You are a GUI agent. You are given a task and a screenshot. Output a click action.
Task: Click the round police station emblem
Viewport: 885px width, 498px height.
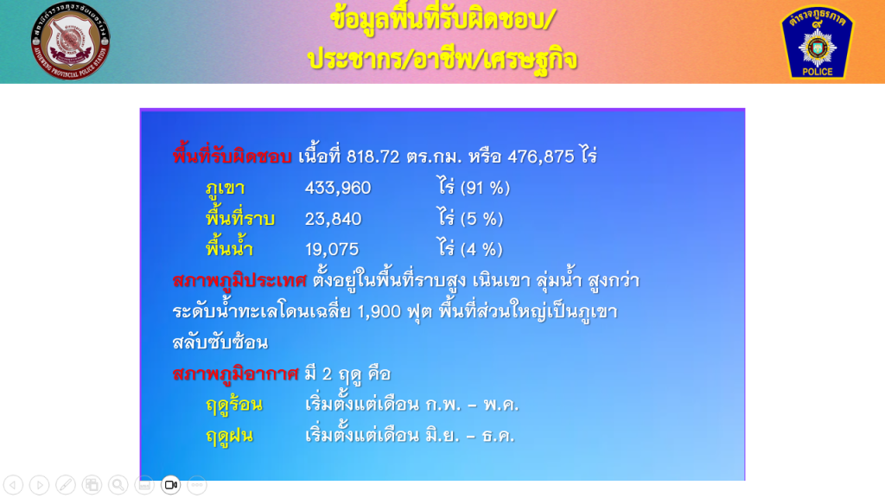click(x=71, y=41)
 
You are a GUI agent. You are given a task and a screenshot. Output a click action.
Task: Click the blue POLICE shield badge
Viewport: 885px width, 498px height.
click(x=817, y=42)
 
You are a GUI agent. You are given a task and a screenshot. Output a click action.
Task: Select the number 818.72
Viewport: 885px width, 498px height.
click(x=373, y=156)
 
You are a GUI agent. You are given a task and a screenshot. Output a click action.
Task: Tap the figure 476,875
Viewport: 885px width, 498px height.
click(x=541, y=156)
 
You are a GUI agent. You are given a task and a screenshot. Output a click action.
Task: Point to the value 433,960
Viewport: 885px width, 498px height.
click(x=338, y=188)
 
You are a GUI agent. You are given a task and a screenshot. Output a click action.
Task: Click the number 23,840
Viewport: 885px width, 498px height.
click(x=333, y=219)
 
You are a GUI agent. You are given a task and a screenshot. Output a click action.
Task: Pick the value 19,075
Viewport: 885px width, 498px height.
click(x=332, y=249)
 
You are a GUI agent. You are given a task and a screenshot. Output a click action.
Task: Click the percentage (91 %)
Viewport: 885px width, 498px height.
click(x=486, y=188)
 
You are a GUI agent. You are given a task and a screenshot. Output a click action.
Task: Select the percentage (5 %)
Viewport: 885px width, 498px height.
click(x=481, y=219)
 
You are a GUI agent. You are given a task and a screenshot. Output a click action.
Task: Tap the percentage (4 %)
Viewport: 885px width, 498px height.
click(x=481, y=249)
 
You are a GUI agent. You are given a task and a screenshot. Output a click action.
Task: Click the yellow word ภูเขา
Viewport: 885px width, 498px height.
click(x=225, y=188)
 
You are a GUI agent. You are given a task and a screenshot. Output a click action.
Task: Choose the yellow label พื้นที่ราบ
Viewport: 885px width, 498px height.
click(x=240, y=217)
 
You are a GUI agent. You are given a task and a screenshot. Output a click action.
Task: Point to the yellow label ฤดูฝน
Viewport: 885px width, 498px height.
click(x=229, y=437)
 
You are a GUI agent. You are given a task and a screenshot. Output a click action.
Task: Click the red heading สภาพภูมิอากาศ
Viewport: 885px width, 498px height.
click(x=235, y=374)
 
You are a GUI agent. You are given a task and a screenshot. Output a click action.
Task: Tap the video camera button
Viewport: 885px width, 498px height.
click(x=170, y=485)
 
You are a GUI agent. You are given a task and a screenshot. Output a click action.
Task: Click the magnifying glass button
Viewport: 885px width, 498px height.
click(x=118, y=485)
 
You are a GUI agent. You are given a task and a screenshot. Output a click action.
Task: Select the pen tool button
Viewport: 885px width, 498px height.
click(x=66, y=485)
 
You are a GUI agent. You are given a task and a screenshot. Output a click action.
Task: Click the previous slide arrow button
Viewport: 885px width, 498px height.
click(x=13, y=485)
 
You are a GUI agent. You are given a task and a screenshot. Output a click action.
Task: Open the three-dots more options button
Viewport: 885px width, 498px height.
click(x=197, y=485)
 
